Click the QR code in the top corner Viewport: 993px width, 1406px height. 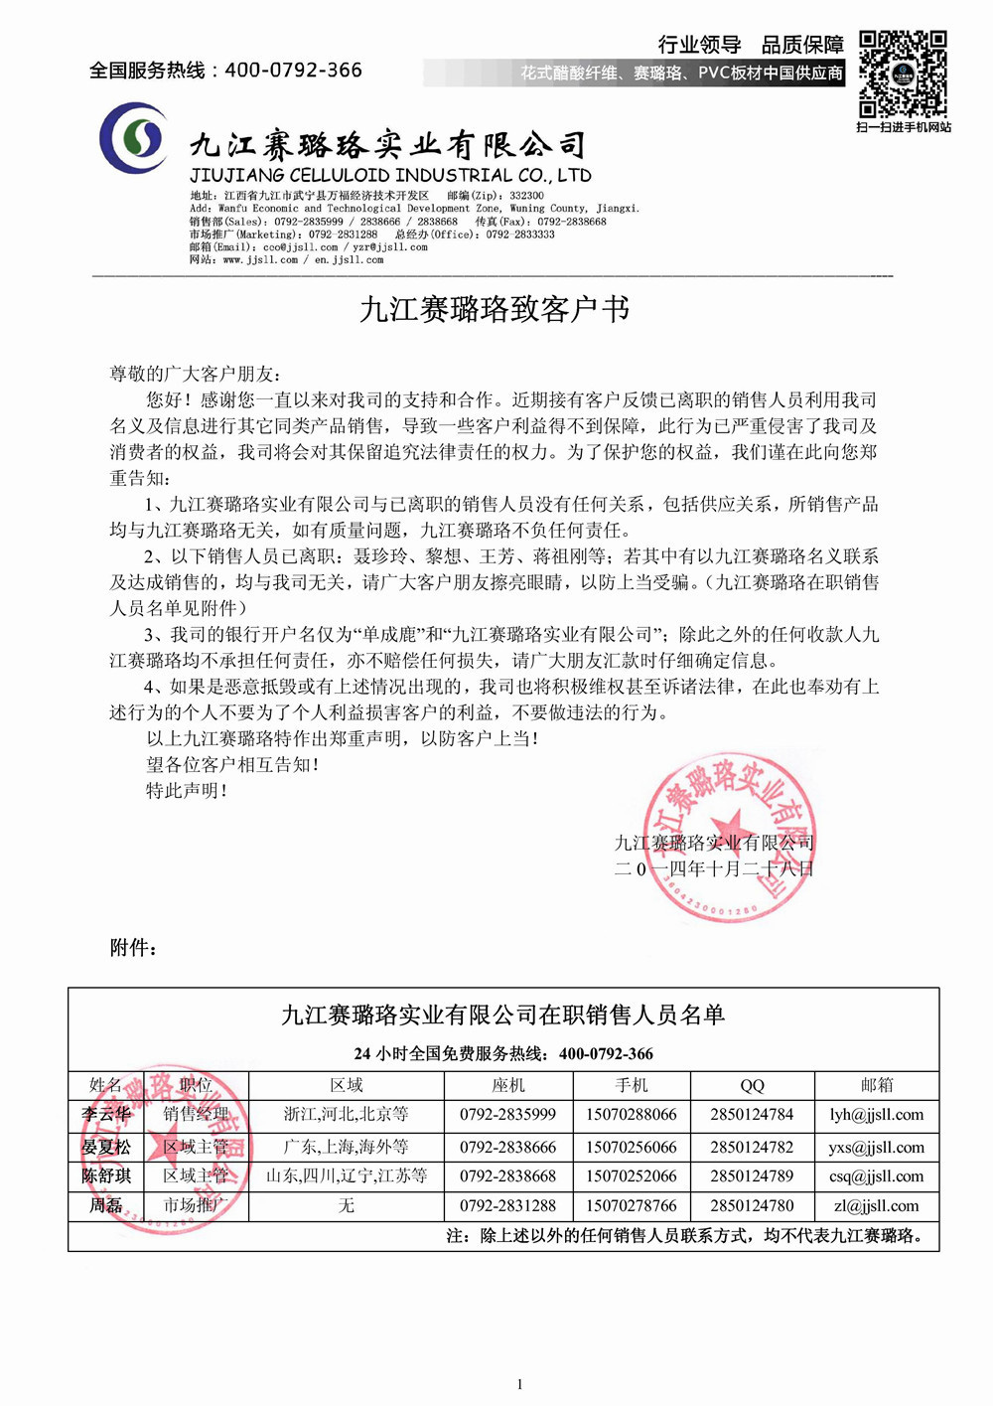[902, 75]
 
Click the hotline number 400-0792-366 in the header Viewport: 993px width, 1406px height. [293, 70]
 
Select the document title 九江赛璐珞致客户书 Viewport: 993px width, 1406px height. [495, 309]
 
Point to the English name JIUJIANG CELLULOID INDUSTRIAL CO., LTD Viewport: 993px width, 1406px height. [390, 175]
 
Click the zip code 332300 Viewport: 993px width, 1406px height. [526, 196]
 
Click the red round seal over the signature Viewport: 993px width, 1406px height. [730, 837]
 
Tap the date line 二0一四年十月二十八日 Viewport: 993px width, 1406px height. [714, 868]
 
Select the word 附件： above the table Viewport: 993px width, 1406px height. [133, 947]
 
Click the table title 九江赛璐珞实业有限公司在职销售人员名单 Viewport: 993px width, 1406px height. [503, 1015]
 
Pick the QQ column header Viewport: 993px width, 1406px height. [752, 1085]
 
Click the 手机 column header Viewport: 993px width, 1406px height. [631, 1085]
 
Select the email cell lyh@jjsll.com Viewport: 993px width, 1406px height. [876, 1114]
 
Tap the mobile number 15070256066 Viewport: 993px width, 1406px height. [631, 1147]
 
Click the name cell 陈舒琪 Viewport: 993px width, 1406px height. [106, 1175]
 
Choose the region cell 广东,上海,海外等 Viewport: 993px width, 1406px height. [346, 1147]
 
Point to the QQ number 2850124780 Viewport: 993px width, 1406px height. [752, 1205]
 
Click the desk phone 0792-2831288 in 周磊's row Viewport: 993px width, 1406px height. [507, 1205]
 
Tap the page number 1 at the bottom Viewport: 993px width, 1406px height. [519, 1384]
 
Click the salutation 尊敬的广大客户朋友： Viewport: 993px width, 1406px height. [196, 374]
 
